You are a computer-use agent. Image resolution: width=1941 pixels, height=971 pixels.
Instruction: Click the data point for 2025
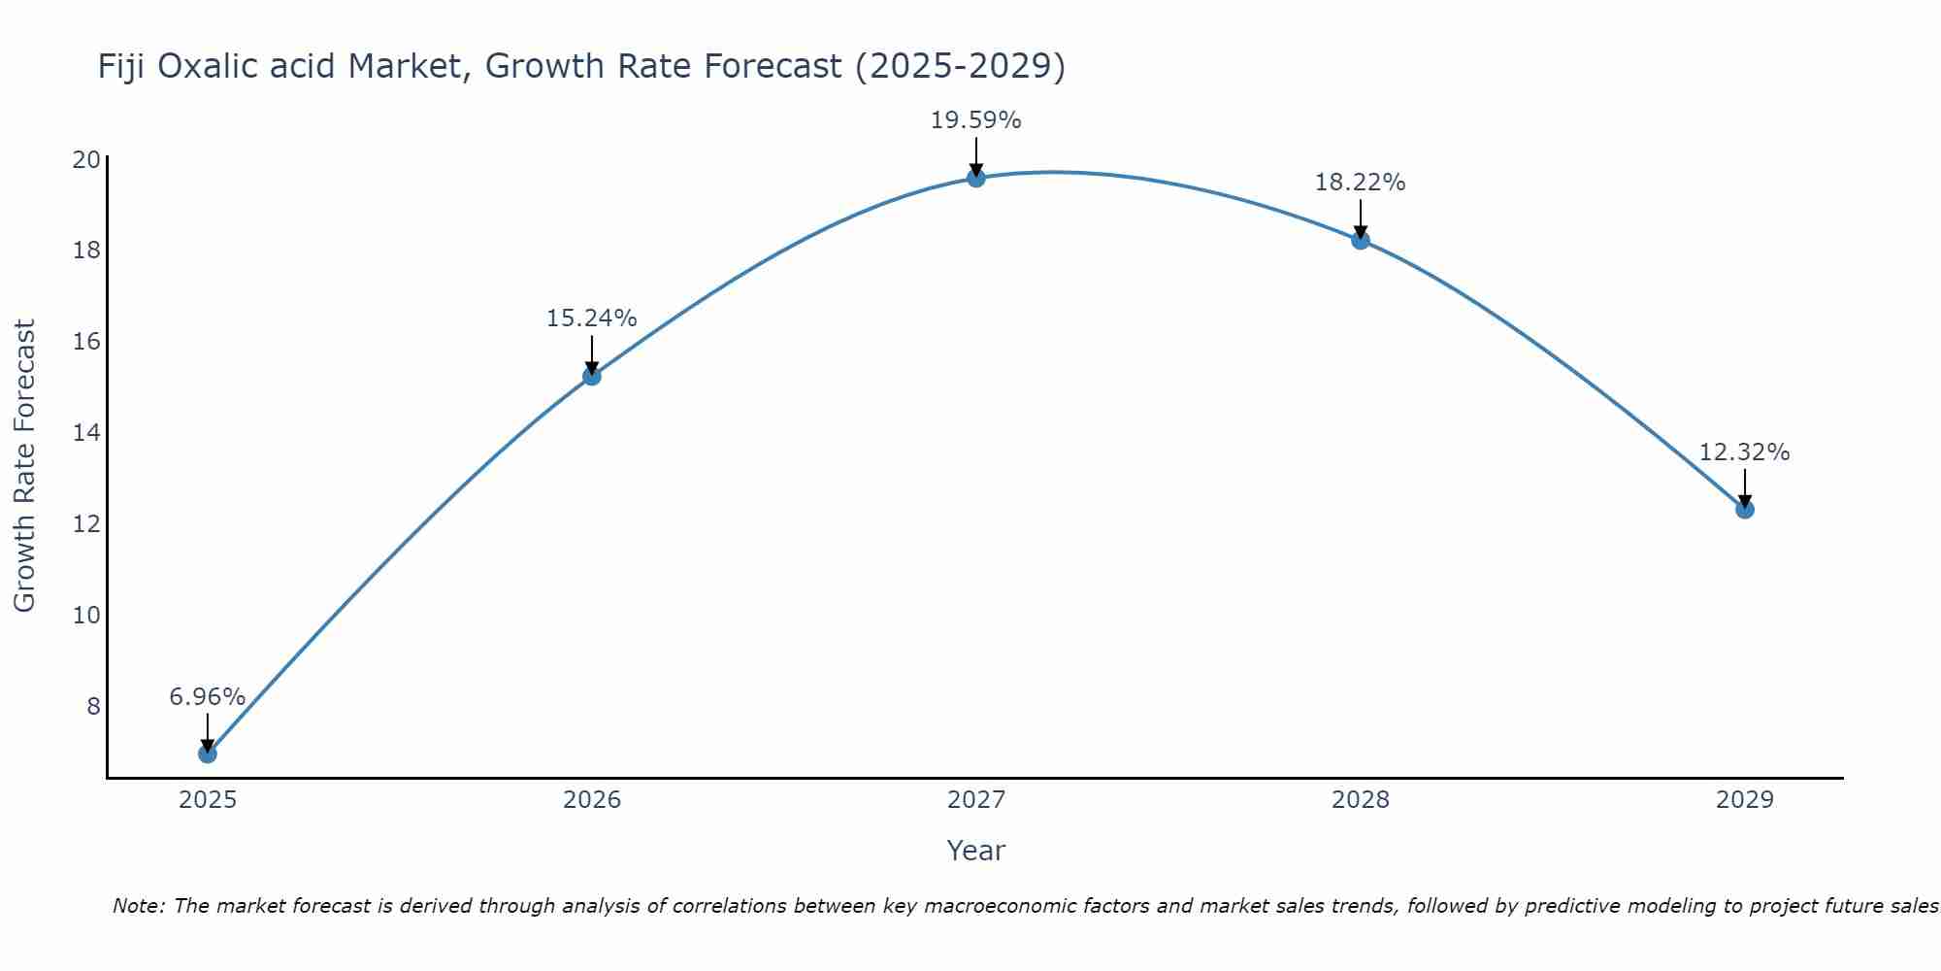coord(207,753)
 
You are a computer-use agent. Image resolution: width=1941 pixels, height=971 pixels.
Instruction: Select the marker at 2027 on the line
coord(976,178)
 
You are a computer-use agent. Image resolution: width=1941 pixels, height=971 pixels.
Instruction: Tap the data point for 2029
coord(1745,509)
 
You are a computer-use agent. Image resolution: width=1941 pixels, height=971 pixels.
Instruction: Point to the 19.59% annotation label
coord(975,120)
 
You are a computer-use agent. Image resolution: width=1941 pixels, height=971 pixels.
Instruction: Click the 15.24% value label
coord(591,318)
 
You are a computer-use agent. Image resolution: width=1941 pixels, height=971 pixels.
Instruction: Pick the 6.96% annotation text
coord(207,697)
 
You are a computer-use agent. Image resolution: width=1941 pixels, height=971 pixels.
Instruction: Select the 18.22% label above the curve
coord(1360,183)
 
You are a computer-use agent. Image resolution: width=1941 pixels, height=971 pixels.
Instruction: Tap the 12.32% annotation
coord(1744,452)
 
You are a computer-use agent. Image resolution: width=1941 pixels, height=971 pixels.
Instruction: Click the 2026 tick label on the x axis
coord(592,800)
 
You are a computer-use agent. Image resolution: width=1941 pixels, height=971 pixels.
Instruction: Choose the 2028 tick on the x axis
coord(1360,800)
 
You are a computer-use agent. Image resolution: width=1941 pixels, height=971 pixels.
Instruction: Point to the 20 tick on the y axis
coord(86,160)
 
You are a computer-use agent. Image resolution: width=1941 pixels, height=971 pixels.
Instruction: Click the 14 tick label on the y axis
coord(86,433)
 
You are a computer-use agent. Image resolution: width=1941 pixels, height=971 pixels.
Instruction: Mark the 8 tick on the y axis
coord(93,706)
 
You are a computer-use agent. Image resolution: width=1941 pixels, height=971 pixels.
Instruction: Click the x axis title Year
coord(975,851)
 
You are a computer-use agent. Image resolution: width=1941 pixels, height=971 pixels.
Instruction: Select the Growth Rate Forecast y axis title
coord(24,466)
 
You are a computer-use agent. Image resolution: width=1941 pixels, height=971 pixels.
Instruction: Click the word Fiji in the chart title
coord(121,66)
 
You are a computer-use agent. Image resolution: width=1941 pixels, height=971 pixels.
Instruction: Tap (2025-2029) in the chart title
coord(960,66)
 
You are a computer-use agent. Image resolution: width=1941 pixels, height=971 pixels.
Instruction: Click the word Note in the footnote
coord(138,906)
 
